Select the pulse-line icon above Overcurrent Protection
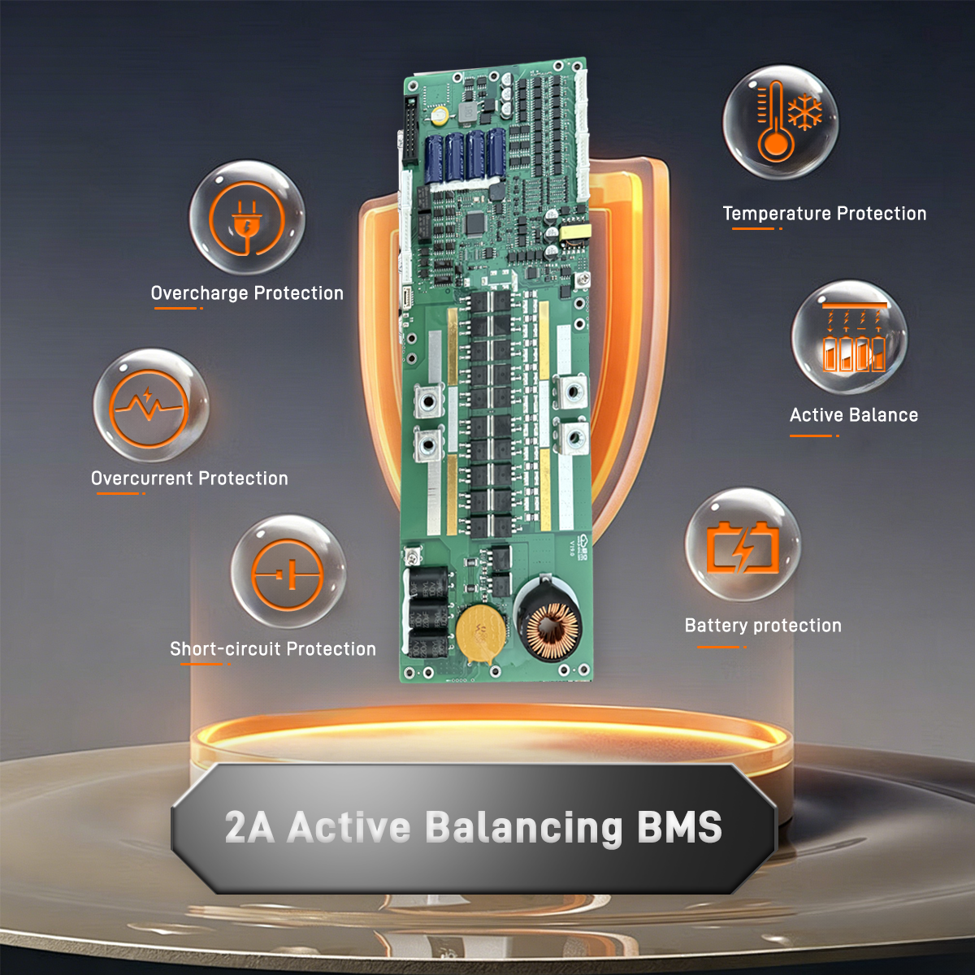click(x=149, y=405)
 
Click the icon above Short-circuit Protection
click(x=288, y=574)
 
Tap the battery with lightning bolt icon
click(x=743, y=548)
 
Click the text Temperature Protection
click(x=824, y=214)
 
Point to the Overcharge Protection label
click(x=248, y=293)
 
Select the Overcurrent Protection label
click(x=190, y=478)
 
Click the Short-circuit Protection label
click(x=273, y=648)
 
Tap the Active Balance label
click(x=854, y=415)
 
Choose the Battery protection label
click(x=764, y=626)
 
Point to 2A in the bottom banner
click(x=249, y=828)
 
